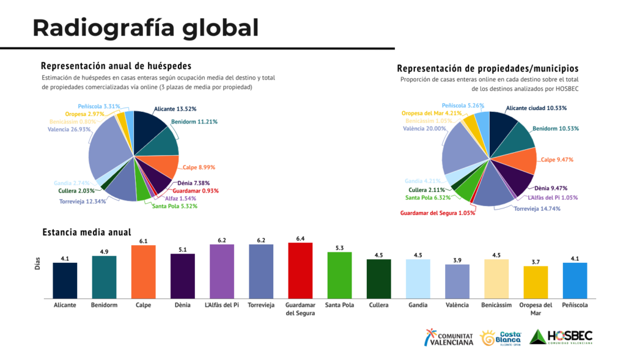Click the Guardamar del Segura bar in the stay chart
pos(300,270)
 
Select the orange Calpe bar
pos(143,271)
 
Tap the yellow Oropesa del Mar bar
pos(536,282)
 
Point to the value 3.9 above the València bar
pos(457,260)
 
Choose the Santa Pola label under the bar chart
pos(339,305)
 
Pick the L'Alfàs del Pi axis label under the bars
pos(221,305)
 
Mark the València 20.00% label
pos(427,128)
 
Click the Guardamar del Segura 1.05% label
pos(438,213)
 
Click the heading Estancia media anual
pos(86,232)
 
